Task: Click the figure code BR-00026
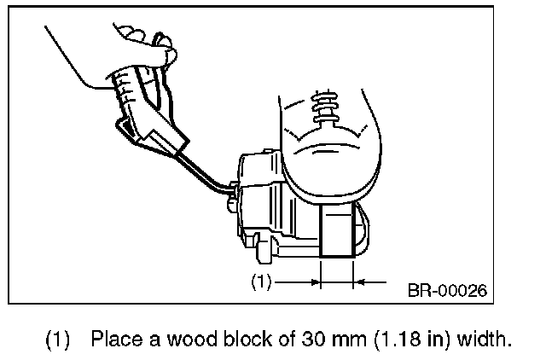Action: coord(447,290)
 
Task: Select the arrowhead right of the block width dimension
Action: coord(360,279)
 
